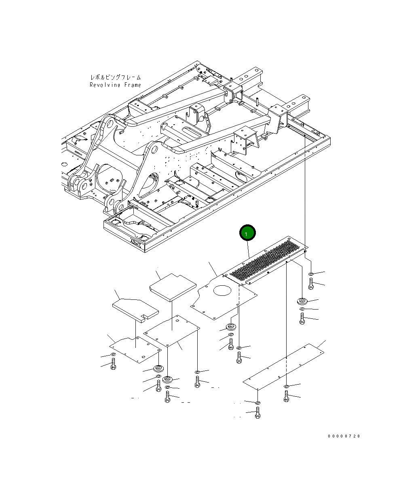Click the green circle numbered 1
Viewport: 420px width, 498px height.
[x=247, y=233]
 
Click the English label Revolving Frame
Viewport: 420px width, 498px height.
[x=115, y=85]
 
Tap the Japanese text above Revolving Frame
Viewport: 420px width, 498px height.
[x=115, y=77]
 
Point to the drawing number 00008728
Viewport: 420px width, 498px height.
[x=344, y=436]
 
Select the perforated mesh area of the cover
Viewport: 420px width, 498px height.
[x=265, y=260]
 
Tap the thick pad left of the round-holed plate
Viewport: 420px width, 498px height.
[x=173, y=286]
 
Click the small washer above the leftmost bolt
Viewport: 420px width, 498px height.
[x=113, y=354]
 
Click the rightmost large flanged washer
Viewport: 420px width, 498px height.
[x=302, y=301]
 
